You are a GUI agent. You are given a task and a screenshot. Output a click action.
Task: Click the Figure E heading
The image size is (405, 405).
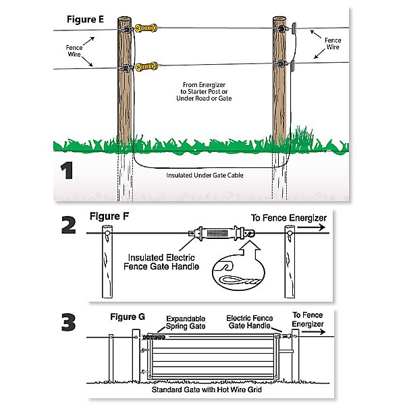pos(85,20)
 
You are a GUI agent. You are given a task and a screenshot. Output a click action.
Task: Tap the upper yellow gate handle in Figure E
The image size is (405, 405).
pos(146,28)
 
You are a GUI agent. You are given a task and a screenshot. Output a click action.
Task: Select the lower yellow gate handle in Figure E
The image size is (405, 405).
pos(146,67)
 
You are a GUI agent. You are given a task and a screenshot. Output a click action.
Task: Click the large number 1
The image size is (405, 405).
pos(67,170)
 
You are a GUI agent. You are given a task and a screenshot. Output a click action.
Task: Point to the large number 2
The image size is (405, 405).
pos(69,225)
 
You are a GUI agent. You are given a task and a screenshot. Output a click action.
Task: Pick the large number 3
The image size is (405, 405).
pos(69,322)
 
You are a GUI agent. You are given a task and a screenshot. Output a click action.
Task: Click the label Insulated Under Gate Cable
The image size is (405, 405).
pos(205,175)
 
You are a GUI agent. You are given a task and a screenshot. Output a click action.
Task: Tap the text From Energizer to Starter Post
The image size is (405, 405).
pos(204,88)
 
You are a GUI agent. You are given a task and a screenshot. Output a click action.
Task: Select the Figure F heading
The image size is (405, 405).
pos(109,217)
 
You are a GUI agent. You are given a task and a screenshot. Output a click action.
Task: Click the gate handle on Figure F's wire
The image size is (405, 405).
pos(221,233)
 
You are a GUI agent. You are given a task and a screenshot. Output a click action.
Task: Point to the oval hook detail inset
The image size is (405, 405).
pos(238,273)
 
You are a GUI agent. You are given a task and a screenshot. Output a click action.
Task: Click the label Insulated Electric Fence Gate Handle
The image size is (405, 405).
pos(161,262)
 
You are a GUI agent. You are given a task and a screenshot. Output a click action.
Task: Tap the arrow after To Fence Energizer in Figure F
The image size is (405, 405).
pos(311,227)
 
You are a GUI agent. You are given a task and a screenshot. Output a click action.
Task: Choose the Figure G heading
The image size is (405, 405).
pos(128,317)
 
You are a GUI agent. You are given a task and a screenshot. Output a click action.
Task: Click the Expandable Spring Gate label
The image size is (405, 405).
pos(186,323)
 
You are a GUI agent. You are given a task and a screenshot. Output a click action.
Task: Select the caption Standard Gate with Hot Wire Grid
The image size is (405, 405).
pos(207,389)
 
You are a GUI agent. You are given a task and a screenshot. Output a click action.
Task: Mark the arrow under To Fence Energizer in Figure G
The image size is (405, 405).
pos(314,332)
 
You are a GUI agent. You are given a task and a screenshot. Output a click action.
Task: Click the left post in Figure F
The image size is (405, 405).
pos(107,262)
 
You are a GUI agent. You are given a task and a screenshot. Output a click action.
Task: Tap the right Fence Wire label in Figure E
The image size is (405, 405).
pos(333,44)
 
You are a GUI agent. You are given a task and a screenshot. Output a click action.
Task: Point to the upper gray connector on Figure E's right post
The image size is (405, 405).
pos(294,28)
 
